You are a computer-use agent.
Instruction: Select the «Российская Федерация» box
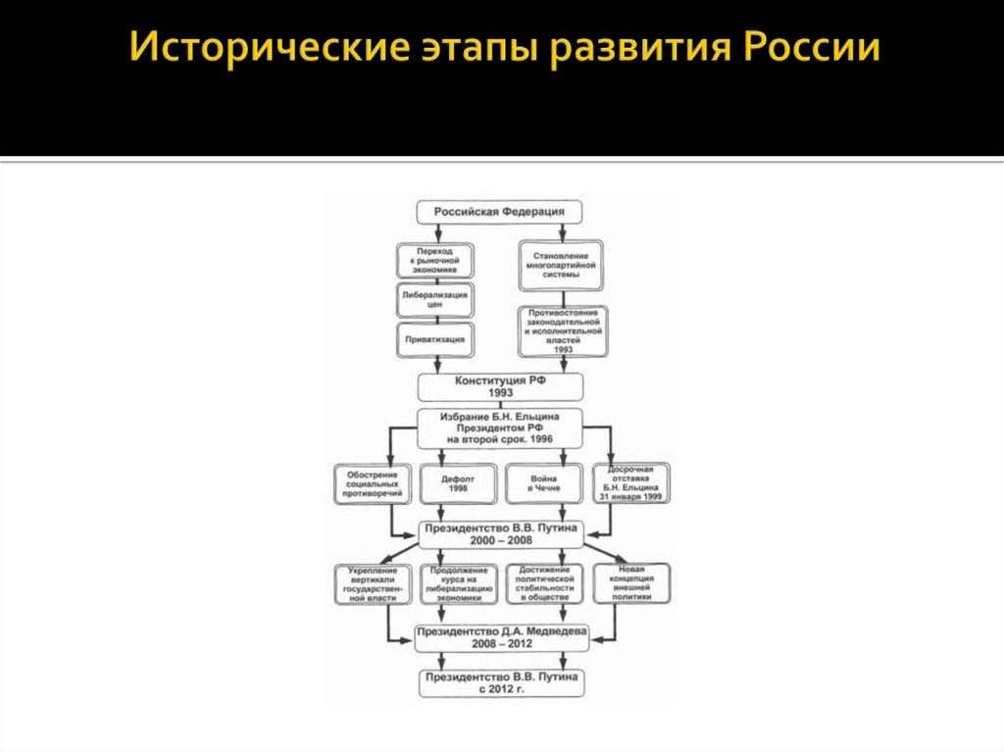click(499, 212)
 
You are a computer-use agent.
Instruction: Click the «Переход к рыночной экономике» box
click(435, 261)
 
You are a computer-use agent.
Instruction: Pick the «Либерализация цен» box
click(435, 299)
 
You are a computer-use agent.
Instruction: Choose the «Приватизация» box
click(435, 339)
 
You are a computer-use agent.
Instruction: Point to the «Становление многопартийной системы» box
click(562, 267)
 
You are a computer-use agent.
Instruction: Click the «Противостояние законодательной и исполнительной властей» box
click(562, 330)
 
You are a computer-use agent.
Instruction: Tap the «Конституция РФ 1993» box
click(500, 386)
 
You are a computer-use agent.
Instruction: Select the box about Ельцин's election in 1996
click(500, 427)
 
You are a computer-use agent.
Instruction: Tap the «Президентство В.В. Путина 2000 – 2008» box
click(502, 533)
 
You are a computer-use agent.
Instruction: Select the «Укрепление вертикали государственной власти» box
click(371, 583)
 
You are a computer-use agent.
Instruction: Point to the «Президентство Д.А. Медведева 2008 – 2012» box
click(501, 637)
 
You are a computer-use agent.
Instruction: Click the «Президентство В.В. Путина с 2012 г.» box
click(501, 683)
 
